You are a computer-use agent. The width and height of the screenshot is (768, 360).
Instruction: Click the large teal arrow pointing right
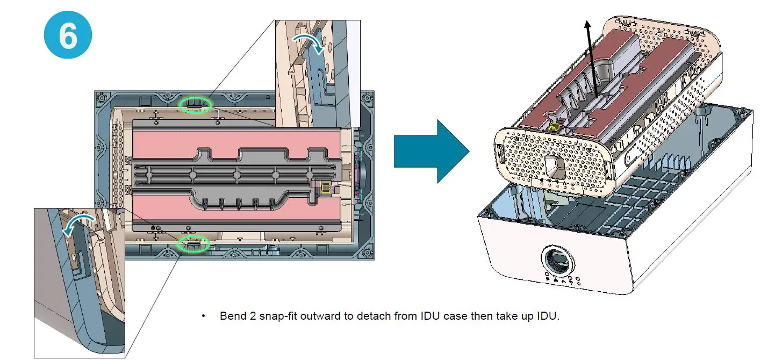(x=431, y=151)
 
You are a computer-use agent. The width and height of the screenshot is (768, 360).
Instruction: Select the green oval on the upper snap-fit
(x=196, y=105)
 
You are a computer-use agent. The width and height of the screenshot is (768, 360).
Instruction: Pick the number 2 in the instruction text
(x=253, y=315)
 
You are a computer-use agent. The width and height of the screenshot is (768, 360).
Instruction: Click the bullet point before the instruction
(x=203, y=315)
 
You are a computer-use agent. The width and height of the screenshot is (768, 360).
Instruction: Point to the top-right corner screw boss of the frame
(x=368, y=99)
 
